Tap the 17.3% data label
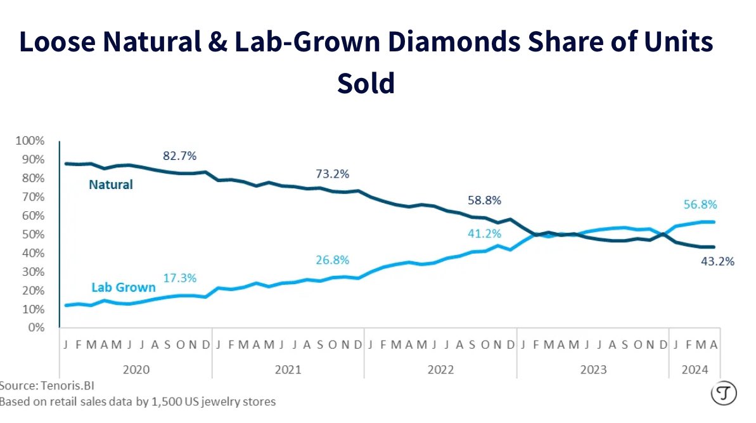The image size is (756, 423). (x=181, y=278)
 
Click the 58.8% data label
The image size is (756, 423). (x=485, y=200)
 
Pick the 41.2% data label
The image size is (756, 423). (x=485, y=233)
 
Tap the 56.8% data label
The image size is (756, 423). (x=700, y=204)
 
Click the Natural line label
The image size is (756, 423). (x=111, y=185)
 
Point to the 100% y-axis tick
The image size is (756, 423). (x=30, y=140)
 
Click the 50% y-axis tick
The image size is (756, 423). (x=32, y=234)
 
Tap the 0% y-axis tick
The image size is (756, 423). (x=35, y=328)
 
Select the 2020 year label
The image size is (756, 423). (x=136, y=370)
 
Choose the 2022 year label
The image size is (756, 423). (x=441, y=370)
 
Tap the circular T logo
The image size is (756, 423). (x=722, y=394)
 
